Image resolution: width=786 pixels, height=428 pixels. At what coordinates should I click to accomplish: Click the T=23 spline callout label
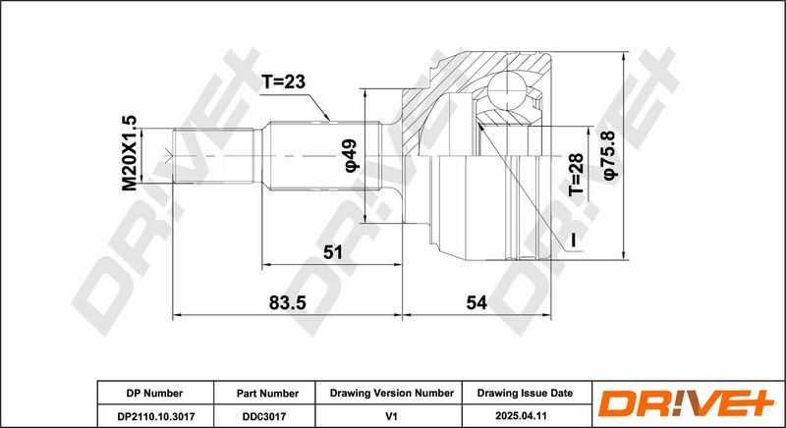283,81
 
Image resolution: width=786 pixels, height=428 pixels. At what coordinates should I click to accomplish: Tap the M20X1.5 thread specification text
130,153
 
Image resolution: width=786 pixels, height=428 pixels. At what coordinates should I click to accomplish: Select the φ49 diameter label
350,156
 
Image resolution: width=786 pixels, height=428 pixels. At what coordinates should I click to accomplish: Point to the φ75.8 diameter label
611,155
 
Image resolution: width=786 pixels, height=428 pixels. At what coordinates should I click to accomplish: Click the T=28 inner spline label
576,175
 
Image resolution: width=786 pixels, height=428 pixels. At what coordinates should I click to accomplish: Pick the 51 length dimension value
332,252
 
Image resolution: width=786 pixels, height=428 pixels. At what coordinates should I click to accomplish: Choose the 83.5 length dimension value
287,302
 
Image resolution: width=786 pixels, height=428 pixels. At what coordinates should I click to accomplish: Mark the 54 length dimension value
477,302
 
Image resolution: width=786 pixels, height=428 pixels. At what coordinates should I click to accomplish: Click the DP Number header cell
155,394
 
